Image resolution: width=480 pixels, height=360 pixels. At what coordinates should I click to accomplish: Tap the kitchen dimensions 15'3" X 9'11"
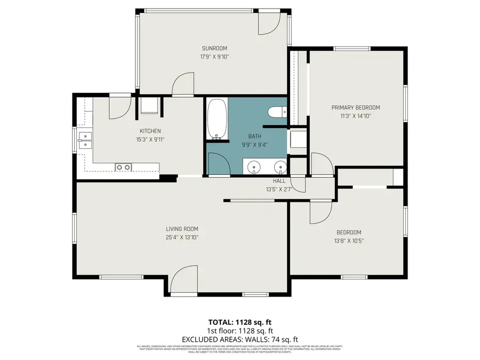150,140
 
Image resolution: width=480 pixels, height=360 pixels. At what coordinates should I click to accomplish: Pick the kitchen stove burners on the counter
124,167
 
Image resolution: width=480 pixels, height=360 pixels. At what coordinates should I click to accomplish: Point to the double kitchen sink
84,140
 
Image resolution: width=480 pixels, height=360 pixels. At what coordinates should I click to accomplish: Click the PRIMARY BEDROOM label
355,107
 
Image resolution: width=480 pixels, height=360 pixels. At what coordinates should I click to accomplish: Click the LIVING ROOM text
182,229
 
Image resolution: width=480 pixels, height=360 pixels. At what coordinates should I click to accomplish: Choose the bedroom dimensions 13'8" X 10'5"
349,241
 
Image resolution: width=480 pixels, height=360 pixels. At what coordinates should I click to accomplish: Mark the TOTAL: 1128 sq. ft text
239,322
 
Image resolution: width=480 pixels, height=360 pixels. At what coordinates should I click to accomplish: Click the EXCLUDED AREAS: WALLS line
239,339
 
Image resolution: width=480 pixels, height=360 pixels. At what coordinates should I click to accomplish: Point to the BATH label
254,136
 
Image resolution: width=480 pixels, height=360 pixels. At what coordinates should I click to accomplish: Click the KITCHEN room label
150,131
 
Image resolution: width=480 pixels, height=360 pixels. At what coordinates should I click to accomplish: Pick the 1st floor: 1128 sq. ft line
239,331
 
